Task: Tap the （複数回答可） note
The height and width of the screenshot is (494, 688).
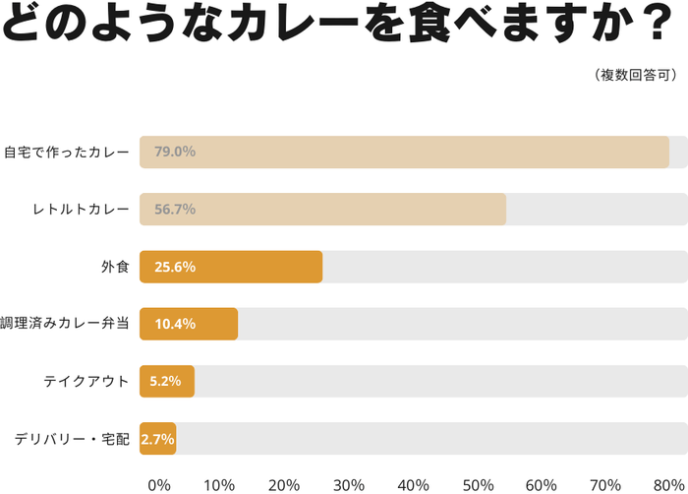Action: (634, 74)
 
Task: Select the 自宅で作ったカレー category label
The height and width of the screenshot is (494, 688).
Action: (66, 153)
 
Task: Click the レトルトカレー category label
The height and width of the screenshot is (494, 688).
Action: (81, 210)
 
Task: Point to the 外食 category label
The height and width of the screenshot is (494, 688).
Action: (115, 267)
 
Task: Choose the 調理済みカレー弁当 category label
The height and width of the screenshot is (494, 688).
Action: (65, 324)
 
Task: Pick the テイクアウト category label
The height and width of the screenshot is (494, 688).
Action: (86, 381)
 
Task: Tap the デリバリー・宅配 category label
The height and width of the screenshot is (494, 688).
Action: (72, 438)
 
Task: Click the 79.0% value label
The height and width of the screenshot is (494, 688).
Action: (175, 153)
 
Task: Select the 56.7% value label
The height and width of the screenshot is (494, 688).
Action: (175, 210)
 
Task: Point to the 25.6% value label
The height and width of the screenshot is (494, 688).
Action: (175, 267)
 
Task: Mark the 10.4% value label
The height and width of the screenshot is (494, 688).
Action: (175, 324)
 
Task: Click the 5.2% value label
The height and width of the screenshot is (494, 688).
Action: (165, 381)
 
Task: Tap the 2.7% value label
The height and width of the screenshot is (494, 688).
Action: (158, 438)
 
